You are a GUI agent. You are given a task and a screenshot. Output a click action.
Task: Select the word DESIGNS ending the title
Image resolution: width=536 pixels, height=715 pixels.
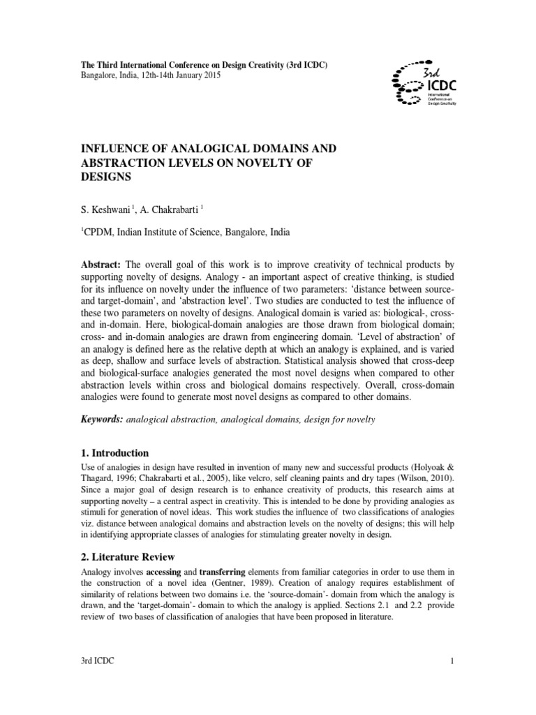[107, 178]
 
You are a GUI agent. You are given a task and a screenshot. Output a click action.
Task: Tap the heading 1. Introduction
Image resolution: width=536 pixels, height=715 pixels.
[115, 453]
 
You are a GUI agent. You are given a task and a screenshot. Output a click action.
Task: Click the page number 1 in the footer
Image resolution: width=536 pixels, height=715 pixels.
[453, 681]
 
